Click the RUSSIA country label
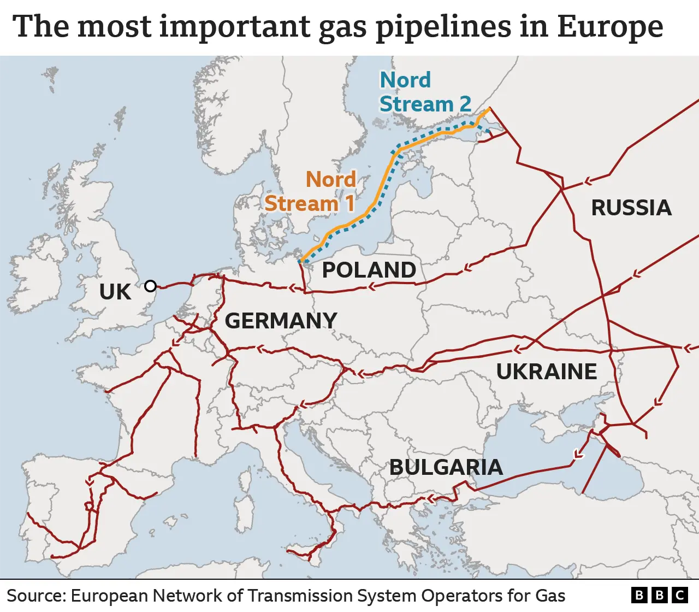point(631,208)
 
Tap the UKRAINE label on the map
point(546,372)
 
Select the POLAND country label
point(369,270)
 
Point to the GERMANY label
point(281,321)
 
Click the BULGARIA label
point(446,467)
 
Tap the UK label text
point(115,292)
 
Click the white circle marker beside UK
point(150,286)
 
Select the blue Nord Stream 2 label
point(425,92)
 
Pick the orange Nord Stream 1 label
point(310,191)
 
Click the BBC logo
point(659,595)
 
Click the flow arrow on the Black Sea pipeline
point(577,454)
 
